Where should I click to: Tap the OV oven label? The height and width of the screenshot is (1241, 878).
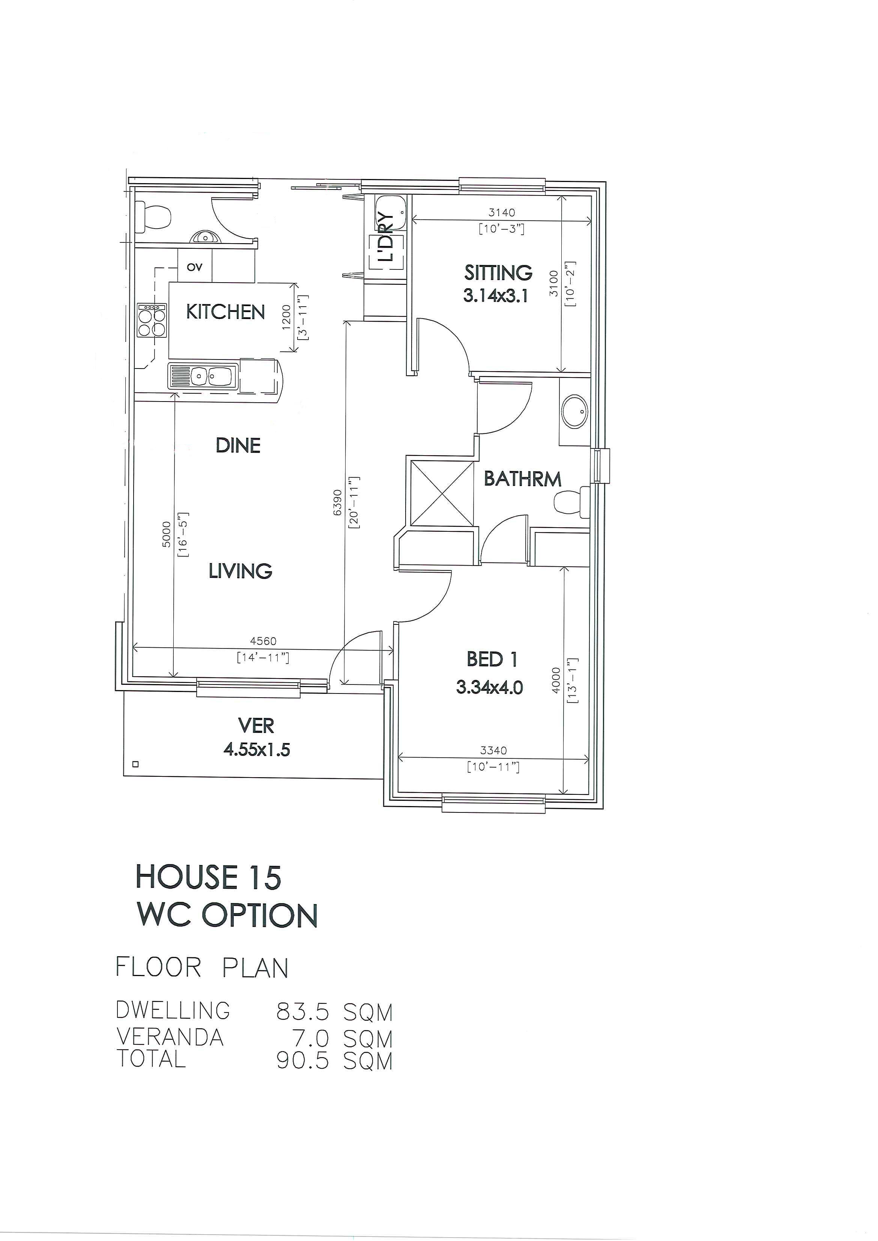(195, 266)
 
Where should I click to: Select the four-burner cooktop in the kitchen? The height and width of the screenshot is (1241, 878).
(152, 320)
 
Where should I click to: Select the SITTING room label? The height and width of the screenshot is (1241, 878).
(498, 272)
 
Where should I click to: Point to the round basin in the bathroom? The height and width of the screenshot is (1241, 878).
(574, 412)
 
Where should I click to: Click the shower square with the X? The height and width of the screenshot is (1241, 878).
(442, 493)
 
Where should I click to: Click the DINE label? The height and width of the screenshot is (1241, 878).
(238, 445)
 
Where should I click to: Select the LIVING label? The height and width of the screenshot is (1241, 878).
(241, 571)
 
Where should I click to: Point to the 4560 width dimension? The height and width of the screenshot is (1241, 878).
(263, 641)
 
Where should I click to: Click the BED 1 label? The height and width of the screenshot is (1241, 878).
(492, 659)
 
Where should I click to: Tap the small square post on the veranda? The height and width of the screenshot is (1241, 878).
(136, 765)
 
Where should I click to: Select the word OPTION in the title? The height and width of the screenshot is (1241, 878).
(260, 916)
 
